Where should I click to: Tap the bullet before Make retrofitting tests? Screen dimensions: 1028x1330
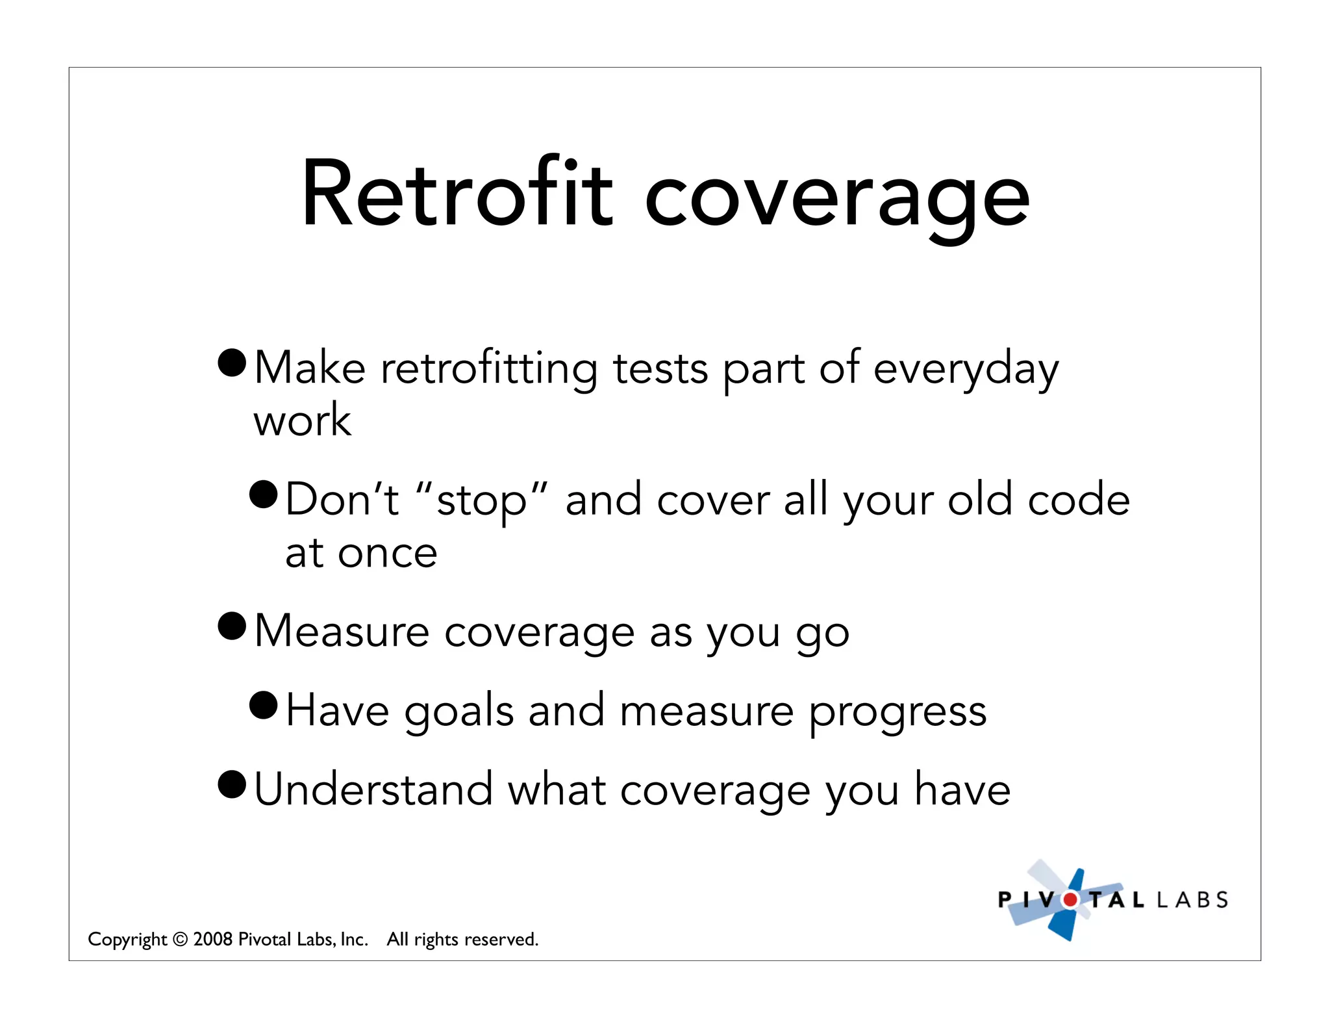pos(232,363)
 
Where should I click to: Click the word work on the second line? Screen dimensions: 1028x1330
pos(302,420)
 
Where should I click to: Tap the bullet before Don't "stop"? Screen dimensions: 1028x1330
pos(264,495)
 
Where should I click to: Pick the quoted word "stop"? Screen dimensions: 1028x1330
pos(481,502)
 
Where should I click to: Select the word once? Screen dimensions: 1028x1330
pos(387,554)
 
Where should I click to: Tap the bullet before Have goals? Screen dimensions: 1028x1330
pos(264,705)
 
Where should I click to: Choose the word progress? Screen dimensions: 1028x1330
pos(897,713)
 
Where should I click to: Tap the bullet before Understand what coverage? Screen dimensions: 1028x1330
pos(232,784)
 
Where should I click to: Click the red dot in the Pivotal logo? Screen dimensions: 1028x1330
pos(1070,900)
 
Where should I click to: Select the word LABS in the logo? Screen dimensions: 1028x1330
pos(1192,900)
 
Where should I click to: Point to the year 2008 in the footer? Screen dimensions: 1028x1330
pos(213,940)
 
